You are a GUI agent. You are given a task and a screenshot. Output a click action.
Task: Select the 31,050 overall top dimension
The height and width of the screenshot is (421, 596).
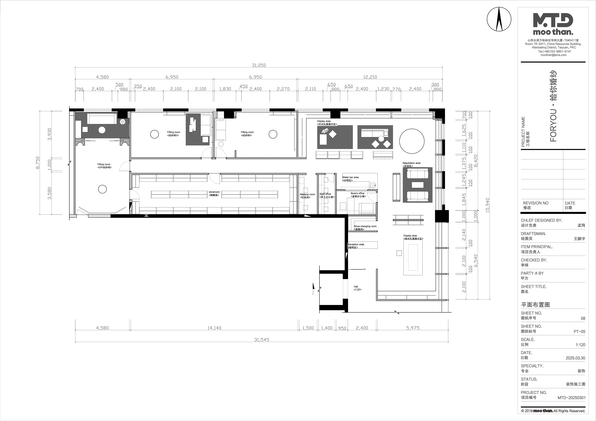click(x=259, y=65)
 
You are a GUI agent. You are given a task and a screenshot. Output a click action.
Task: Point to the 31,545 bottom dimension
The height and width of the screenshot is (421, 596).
click(x=262, y=340)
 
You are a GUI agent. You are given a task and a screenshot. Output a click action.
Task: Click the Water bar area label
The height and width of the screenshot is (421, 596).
click(x=350, y=179)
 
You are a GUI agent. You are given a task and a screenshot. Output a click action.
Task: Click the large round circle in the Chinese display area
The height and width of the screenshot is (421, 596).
click(x=412, y=141)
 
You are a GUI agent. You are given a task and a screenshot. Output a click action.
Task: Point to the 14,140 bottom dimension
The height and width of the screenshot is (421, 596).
click(x=214, y=328)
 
